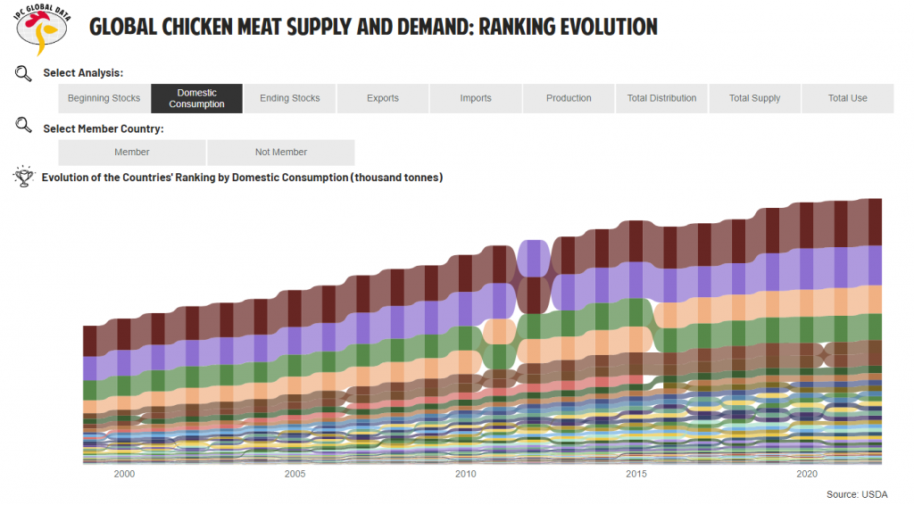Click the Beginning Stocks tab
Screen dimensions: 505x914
tap(104, 98)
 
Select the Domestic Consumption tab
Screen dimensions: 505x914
tap(196, 98)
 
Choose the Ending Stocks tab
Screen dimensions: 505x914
tap(290, 98)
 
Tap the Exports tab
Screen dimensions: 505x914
tap(383, 98)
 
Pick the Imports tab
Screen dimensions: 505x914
tap(476, 98)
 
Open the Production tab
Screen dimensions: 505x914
tap(569, 98)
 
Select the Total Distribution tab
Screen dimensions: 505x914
tap(661, 98)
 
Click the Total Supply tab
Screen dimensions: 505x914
tap(754, 98)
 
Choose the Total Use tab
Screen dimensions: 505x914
tap(847, 98)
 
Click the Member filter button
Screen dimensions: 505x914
tap(132, 152)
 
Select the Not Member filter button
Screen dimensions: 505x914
tap(281, 152)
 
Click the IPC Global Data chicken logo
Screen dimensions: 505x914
tap(43, 28)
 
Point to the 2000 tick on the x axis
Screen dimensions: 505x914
tap(124, 474)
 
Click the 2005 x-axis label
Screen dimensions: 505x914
tap(295, 474)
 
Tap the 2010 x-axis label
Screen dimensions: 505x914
tap(465, 474)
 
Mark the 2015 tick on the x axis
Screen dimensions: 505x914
tap(636, 474)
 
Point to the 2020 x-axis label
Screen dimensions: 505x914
tap(807, 474)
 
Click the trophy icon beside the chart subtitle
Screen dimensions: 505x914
tap(23, 178)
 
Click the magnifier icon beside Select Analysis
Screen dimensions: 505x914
tap(23, 72)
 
